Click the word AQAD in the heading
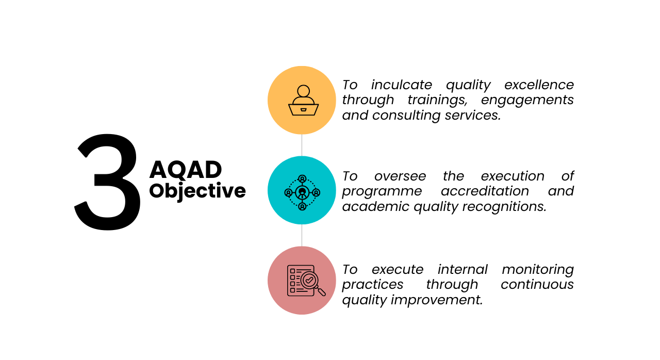pos(186,170)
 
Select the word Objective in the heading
pos(197,191)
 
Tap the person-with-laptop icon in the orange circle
pos(303,101)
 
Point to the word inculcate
pos(401,85)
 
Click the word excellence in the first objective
pos(539,85)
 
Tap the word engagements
pos(527,100)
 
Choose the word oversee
pos(400,176)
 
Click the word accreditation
pos(485,191)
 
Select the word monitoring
pos(538,269)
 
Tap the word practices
pos(373,284)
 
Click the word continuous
pos(537,284)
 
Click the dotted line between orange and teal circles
pos(302,145)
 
